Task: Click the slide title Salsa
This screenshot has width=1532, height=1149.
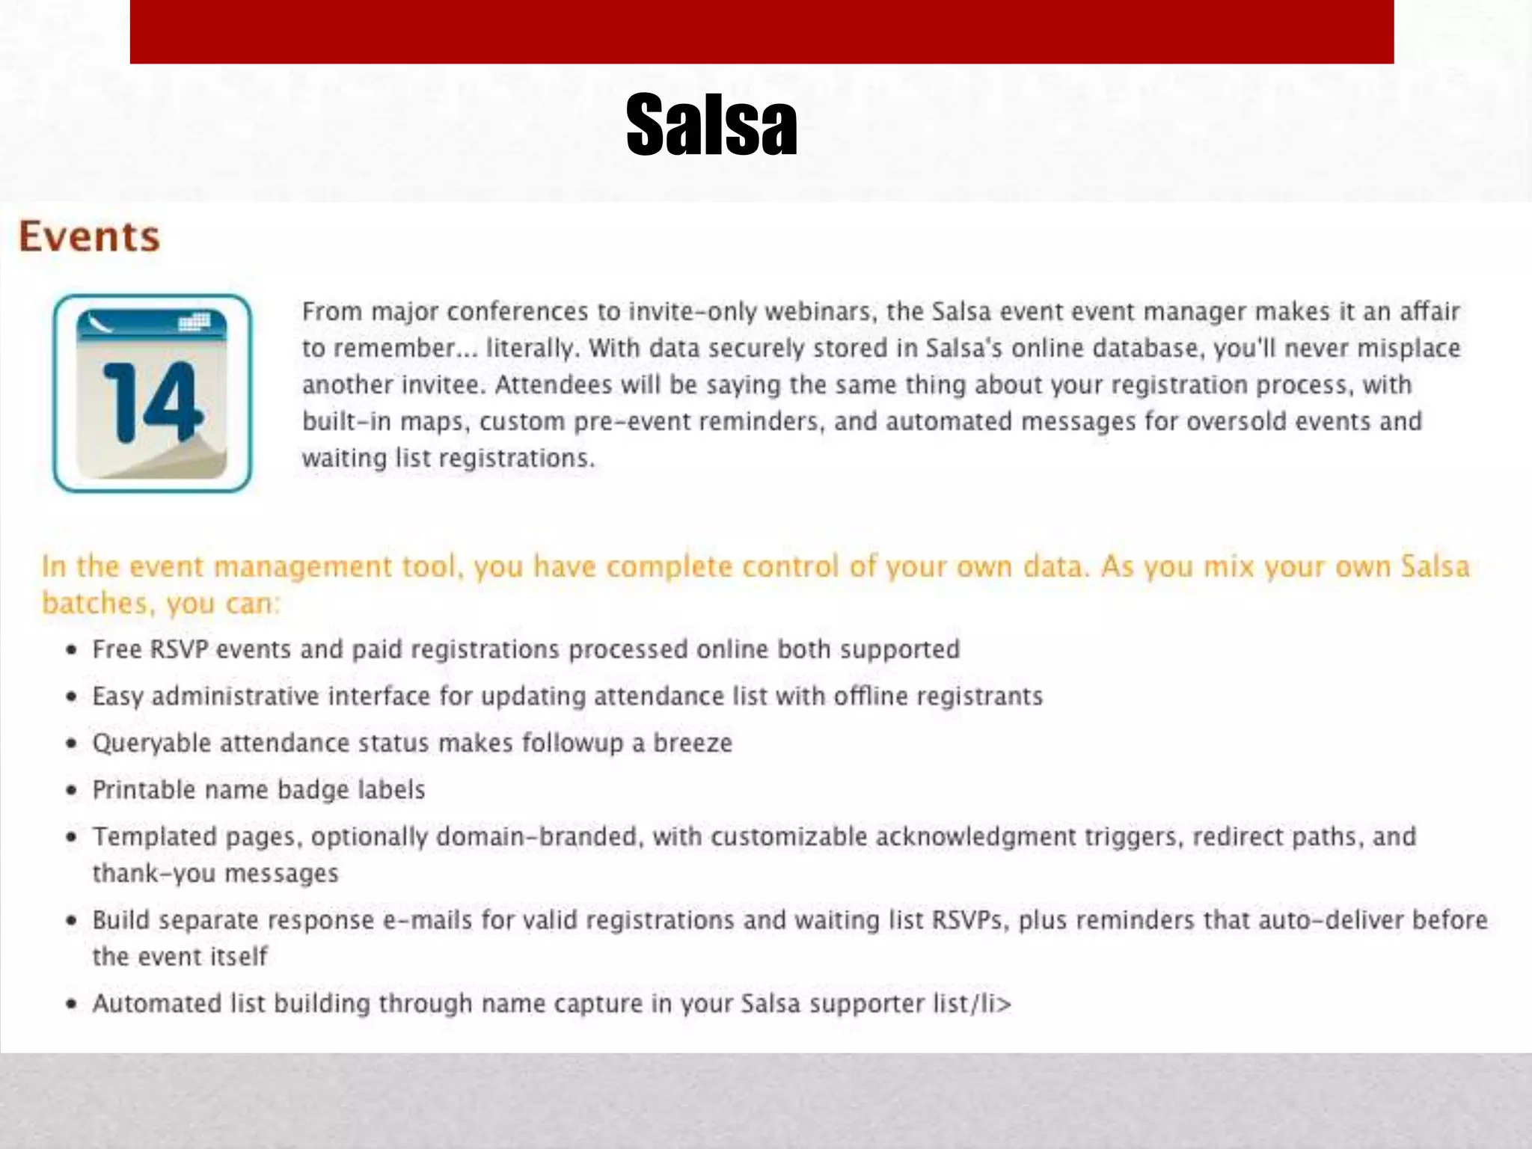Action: tap(711, 125)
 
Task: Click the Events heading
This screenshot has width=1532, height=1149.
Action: tap(89, 236)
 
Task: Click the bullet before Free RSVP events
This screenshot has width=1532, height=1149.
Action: tap(72, 650)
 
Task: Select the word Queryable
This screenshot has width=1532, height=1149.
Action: tap(151, 744)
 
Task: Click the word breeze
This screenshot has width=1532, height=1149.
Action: tap(693, 743)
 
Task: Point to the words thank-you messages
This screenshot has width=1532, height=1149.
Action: tap(215, 874)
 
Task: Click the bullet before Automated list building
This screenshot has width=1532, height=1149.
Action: tap(72, 1005)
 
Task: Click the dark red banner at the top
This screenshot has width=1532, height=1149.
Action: tap(762, 31)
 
